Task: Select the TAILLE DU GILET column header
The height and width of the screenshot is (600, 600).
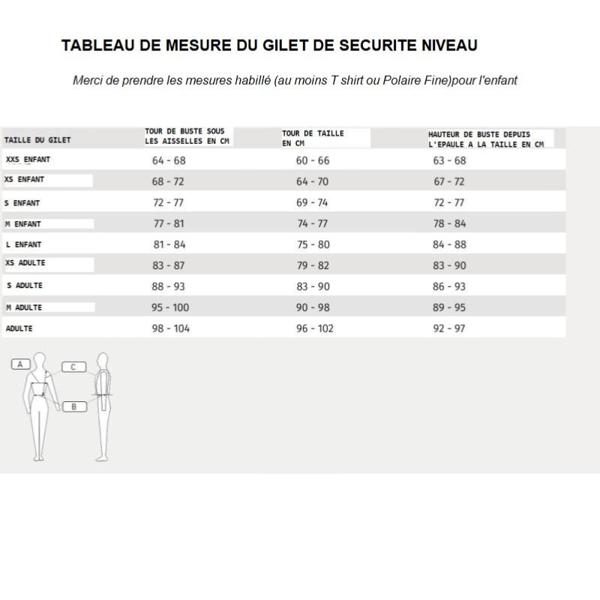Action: [x=37, y=139]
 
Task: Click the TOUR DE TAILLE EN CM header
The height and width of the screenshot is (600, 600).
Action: [x=313, y=138]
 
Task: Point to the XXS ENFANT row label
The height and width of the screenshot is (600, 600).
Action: [x=28, y=160]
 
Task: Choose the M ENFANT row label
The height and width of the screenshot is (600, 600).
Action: [x=23, y=223]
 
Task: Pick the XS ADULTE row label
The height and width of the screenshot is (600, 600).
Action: [x=25, y=263]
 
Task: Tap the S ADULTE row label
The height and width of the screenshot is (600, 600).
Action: [x=24, y=286]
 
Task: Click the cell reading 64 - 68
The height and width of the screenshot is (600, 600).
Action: [x=169, y=160]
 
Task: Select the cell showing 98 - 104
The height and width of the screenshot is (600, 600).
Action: [x=171, y=328]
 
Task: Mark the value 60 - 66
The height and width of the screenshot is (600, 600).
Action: [x=313, y=160]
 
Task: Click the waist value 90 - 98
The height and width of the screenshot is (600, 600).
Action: [x=313, y=307]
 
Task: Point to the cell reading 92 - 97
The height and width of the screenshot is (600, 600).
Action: [x=449, y=328]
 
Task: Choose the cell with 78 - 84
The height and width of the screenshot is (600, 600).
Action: [x=449, y=223]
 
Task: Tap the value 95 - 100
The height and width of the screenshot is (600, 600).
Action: [x=171, y=307]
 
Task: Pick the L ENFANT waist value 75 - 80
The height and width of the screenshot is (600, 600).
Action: [x=313, y=244]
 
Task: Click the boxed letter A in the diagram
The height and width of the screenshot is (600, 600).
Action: [x=21, y=364]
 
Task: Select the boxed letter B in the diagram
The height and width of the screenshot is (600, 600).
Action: [x=73, y=406]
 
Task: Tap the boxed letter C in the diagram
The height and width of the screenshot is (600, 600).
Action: [x=73, y=367]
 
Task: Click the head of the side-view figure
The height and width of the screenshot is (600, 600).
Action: [x=103, y=359]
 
